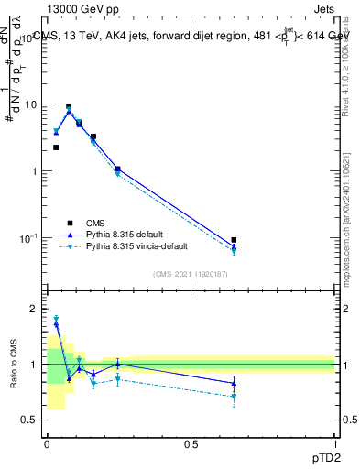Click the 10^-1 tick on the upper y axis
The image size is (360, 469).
30,238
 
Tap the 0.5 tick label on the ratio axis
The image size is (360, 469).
32,420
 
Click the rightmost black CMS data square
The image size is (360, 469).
234,240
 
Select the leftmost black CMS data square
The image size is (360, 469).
56,147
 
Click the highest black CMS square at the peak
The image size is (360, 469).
69,106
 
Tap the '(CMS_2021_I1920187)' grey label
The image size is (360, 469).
191,274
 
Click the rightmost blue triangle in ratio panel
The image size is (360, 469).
234,383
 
